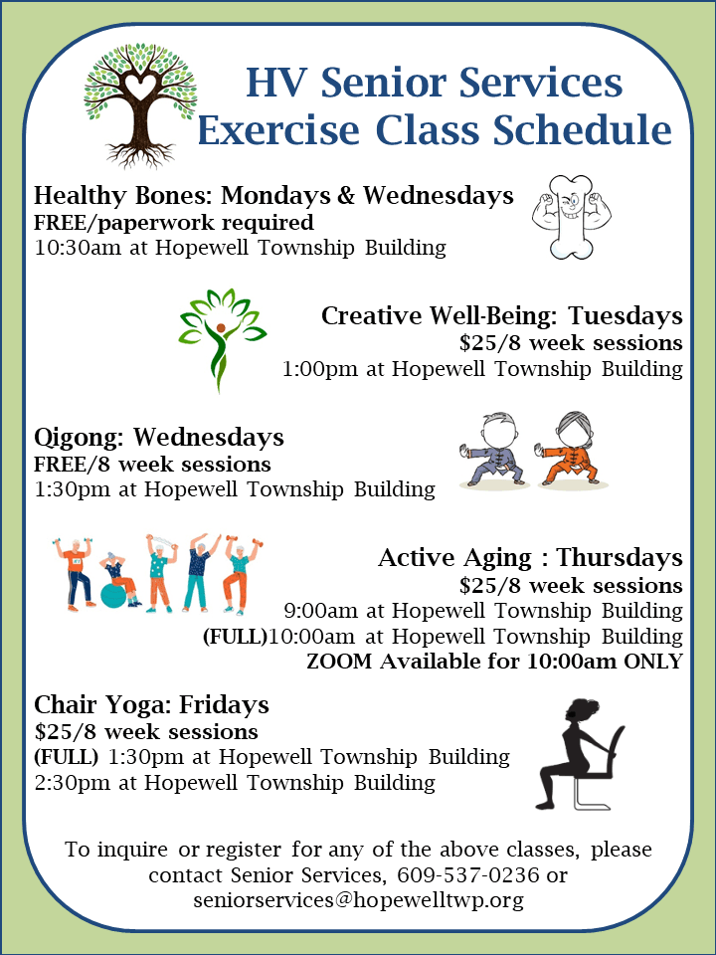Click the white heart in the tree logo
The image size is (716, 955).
142,88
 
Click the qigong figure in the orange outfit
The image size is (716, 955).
573,449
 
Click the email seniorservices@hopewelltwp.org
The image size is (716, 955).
358,900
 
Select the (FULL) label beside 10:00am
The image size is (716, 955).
235,636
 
